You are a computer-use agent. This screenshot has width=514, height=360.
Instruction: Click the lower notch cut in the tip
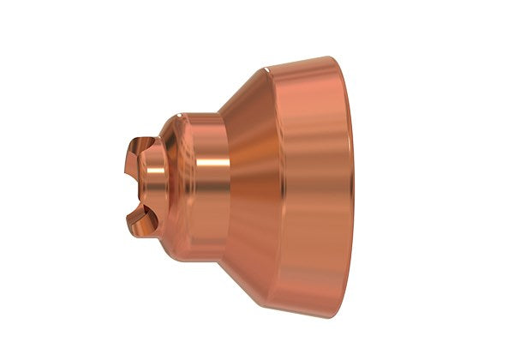click(136, 208)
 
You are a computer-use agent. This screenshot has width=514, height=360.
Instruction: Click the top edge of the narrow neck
click(203, 113)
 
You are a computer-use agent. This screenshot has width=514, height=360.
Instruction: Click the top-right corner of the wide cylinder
click(339, 59)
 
